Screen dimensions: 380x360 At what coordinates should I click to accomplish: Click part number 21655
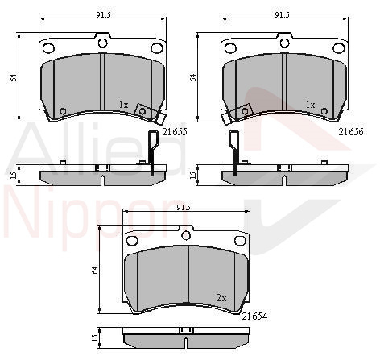pyautogui.click(x=175, y=132)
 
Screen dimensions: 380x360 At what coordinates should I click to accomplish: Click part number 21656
pyautogui.click(x=351, y=132)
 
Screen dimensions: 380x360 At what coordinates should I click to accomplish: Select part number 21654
pyautogui.click(x=254, y=317)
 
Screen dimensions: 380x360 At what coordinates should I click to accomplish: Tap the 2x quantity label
pyautogui.click(x=221, y=298)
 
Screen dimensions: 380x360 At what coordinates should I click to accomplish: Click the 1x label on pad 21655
pyautogui.click(x=124, y=105)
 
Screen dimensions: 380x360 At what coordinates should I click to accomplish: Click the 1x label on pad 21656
pyautogui.click(x=311, y=105)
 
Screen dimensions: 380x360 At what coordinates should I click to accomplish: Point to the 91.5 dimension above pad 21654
pyautogui.click(x=184, y=207)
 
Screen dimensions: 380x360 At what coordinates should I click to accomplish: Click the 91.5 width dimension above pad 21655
pyautogui.click(x=103, y=15)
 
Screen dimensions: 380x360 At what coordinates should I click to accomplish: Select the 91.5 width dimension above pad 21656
pyautogui.click(x=282, y=15)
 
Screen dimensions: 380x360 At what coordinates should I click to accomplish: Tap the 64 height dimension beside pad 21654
pyautogui.click(x=94, y=270)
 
